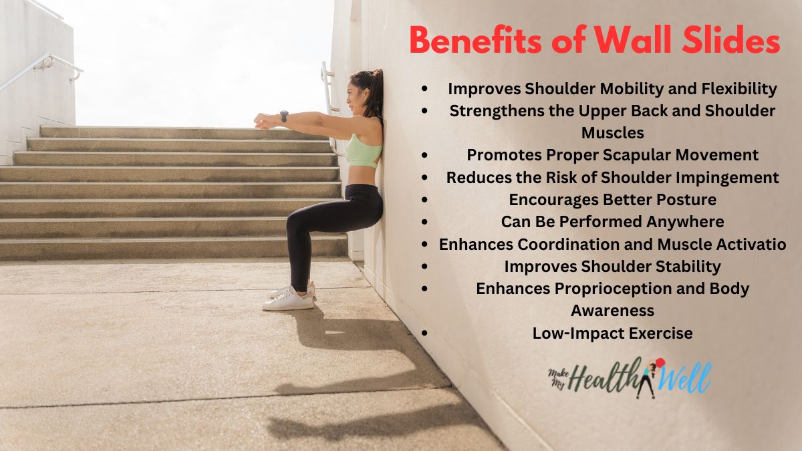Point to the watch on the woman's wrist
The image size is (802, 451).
click(x=284, y=116)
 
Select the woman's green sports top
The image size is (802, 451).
click(x=364, y=151)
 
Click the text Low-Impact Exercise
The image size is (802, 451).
click(x=612, y=333)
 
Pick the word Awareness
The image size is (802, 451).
click(x=612, y=311)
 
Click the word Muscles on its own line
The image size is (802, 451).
click(x=612, y=133)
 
